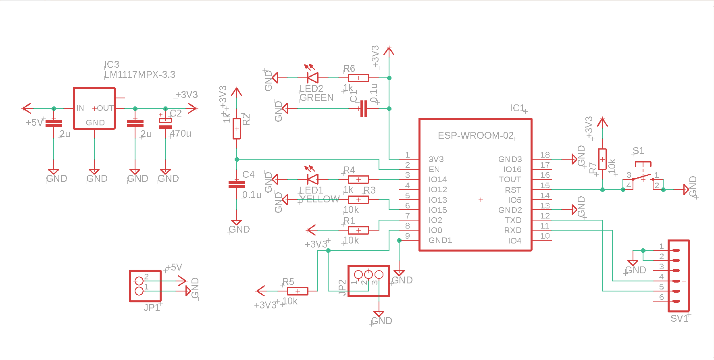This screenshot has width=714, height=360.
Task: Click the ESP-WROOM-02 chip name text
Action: pos(475,135)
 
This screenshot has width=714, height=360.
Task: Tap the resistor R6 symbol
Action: pos(358,78)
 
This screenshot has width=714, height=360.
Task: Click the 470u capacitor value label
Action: pos(181,133)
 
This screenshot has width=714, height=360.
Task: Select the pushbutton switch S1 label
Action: pos(638,151)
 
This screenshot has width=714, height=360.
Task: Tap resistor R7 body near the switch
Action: pos(602,159)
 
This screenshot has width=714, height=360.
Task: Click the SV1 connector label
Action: pos(679,318)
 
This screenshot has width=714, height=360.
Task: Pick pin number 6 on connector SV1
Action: pos(661,297)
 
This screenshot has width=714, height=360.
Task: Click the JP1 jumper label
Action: pos(152,308)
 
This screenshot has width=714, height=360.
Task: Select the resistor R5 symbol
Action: pos(298,291)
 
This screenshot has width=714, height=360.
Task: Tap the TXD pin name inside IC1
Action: pos(513,220)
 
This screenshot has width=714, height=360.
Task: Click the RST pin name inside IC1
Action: pos(513,190)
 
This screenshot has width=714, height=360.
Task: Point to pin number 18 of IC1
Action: pos(545,155)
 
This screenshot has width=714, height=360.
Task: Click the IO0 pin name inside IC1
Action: pos(435,230)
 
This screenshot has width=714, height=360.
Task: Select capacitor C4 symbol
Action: pos(237,184)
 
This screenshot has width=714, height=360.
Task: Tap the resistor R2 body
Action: pos(237,129)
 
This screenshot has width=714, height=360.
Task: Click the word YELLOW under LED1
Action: pos(319,199)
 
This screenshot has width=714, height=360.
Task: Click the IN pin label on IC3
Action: pos(80,108)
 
